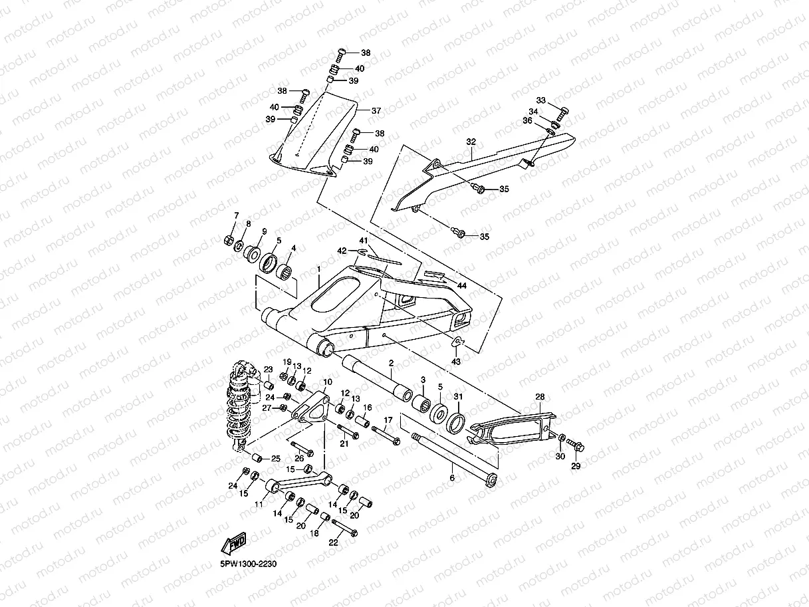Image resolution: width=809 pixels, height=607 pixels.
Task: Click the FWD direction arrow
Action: tap(233, 543)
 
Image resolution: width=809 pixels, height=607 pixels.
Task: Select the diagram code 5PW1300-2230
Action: tap(248, 564)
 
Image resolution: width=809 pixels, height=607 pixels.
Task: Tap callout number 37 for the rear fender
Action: tap(376, 110)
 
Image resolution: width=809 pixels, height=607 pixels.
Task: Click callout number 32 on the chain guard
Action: tap(471, 142)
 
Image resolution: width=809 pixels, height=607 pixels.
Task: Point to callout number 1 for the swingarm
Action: tap(319, 269)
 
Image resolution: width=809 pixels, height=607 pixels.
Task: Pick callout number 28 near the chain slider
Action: tap(540, 397)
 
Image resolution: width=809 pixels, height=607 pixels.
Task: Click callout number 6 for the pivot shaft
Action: tap(452, 478)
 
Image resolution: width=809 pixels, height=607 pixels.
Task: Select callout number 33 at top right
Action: tap(540, 100)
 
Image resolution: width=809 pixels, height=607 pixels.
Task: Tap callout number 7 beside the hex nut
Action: tap(236, 215)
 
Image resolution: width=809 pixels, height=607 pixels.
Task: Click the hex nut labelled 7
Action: tap(228, 240)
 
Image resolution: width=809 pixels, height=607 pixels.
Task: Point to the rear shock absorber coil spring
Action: tap(239, 406)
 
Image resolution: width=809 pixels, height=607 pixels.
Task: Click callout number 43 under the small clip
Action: tap(456, 362)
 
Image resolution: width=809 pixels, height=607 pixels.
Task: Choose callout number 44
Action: tap(462, 286)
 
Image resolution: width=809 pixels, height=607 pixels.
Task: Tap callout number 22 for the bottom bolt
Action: tap(333, 543)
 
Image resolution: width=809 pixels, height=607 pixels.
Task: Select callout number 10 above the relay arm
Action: tap(327, 382)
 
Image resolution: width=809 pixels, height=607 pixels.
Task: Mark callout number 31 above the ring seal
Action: tap(458, 396)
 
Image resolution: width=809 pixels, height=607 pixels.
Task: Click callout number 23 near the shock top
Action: tap(268, 369)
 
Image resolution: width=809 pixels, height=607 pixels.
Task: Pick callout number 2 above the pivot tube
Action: tap(391, 363)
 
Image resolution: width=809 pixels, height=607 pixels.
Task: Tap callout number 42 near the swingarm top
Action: tap(342, 251)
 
